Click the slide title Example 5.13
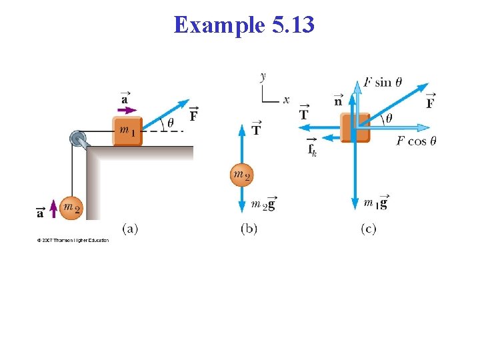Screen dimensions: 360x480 (243, 25)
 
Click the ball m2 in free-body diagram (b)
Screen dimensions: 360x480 (241, 175)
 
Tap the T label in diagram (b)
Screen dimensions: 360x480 (256, 129)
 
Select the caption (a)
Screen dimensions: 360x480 (130, 229)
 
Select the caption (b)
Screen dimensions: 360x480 (249, 229)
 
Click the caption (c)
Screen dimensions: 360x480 (368, 229)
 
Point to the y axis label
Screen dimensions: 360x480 (263, 77)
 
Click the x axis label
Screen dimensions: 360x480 (285, 100)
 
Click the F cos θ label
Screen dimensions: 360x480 (416, 141)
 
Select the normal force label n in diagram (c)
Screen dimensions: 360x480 (338, 101)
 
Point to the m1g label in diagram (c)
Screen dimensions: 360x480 (375, 203)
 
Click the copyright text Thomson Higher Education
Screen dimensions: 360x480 (73, 240)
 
